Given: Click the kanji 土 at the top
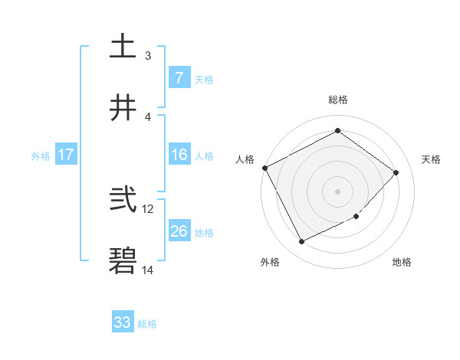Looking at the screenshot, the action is [123, 47].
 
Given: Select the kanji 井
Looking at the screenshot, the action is [123, 108].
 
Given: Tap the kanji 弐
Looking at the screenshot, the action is [123, 200].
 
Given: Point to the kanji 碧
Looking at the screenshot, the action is [123, 261].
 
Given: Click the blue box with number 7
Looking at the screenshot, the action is [179, 77].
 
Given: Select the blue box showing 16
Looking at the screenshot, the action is [179, 155].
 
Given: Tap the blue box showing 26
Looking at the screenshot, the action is [179, 231].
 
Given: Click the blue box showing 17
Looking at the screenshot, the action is [65, 155].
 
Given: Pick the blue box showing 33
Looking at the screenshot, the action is [123, 322].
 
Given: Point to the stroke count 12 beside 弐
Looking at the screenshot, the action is [148, 208].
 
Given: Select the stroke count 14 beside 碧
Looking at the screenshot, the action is [148, 270].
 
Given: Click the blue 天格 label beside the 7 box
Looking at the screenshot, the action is [204, 79].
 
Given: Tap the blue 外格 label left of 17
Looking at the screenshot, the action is [41, 155].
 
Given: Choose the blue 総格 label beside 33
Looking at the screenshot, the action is [147, 324].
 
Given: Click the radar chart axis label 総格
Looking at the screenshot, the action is [337, 100].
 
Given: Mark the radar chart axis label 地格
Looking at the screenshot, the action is [402, 262].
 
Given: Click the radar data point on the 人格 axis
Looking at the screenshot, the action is [264, 168].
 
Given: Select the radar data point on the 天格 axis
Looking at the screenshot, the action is [396, 172].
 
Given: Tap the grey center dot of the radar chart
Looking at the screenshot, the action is [337, 191].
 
